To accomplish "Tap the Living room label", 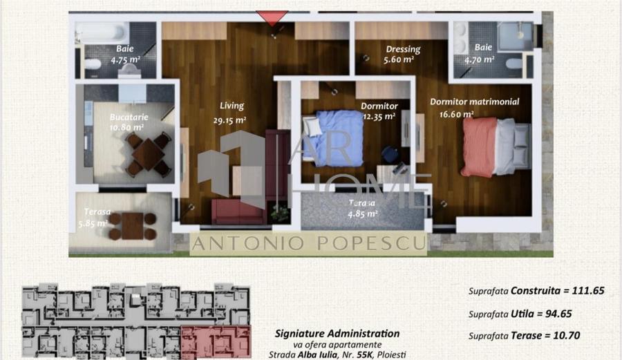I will click(232, 106).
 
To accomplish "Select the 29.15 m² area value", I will click(230, 120).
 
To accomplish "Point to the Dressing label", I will click(402, 50).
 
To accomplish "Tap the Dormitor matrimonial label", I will click(474, 102).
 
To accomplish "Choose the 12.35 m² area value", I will click(379, 116).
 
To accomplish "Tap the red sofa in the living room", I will click(238, 211).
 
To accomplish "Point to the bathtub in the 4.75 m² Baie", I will click(101, 32).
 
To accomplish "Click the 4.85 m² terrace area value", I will click(363, 214).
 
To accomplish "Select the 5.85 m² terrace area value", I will click(92, 223).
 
